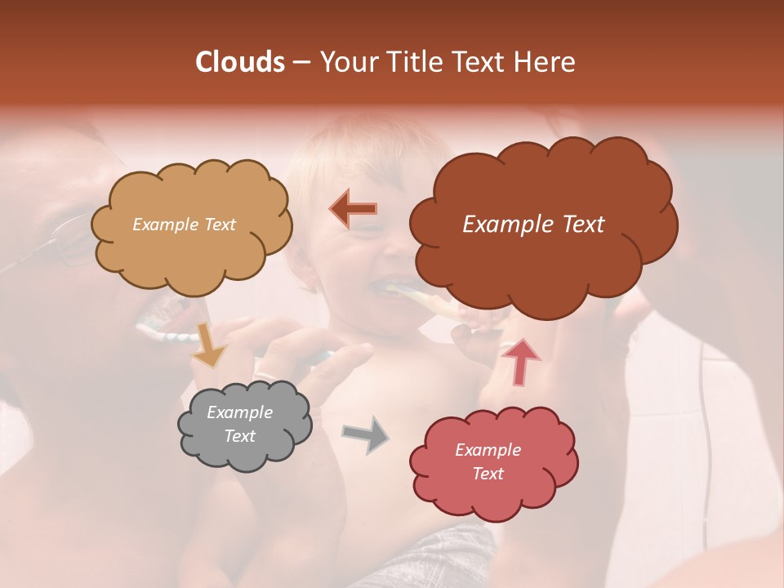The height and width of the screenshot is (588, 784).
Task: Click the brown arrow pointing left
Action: (x=353, y=209)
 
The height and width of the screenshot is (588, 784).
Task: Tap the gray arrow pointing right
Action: (x=365, y=434)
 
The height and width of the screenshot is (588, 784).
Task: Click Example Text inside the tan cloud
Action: (x=184, y=225)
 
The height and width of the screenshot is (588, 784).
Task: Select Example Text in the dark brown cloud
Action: (x=533, y=225)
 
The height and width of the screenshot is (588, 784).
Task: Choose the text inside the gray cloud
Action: (x=240, y=425)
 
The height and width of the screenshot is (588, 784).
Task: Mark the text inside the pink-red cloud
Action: (x=488, y=462)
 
